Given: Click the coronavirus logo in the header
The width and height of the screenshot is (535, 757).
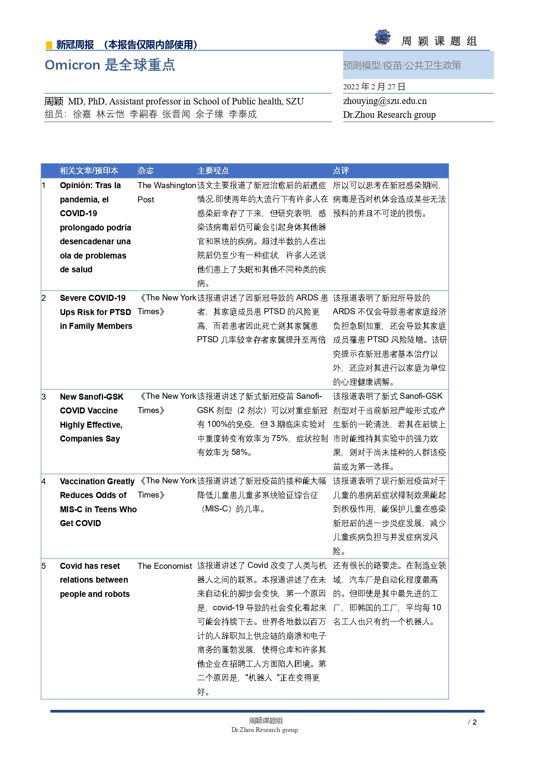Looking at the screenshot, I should click(382, 38).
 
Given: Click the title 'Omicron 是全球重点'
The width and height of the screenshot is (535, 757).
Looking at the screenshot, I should click(110, 65).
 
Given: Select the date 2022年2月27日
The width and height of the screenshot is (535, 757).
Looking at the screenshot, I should click(374, 87).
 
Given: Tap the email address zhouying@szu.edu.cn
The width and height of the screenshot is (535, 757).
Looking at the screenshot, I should click(385, 101).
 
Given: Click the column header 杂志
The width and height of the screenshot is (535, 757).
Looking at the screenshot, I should click(145, 170).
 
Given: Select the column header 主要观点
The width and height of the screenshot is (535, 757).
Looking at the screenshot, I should click(213, 170).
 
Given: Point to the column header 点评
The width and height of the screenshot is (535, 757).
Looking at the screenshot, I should click(341, 170).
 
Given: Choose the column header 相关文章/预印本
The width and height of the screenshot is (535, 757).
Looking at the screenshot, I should click(89, 170).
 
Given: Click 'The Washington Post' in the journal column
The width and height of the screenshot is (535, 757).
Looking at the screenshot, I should click(166, 192).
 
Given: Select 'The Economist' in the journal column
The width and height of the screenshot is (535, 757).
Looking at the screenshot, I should click(165, 566).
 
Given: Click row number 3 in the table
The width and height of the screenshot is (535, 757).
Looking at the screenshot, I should click(44, 397).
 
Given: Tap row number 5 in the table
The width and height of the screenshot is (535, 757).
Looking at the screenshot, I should click(44, 566).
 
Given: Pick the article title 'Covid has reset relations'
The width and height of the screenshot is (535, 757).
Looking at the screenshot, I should click(94, 580).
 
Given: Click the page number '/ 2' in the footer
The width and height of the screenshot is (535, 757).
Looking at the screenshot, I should click(472, 722).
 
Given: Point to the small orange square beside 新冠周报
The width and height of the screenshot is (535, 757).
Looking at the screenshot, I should click(49, 45).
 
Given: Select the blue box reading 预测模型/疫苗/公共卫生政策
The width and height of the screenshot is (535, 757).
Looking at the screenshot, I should click(418, 65).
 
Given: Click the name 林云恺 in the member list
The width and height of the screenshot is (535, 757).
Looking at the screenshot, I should click(110, 114).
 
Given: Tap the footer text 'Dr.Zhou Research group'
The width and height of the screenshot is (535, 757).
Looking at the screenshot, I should click(264, 730).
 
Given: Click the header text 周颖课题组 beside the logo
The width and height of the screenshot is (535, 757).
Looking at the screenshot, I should click(439, 41).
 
